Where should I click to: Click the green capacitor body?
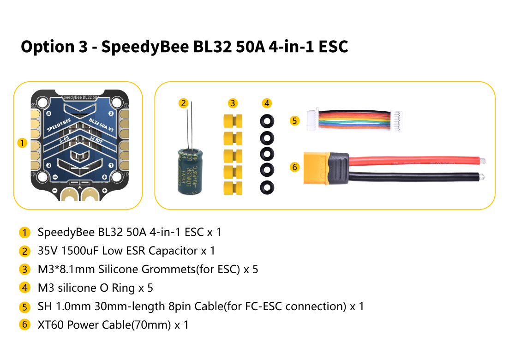coord(190,171)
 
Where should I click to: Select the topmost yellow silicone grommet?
coord(233,121)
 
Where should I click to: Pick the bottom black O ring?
coord(267,187)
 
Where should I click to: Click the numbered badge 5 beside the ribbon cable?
coord(294,121)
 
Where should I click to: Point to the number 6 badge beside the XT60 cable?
coord(294,167)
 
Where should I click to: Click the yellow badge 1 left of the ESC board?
coord(22,143)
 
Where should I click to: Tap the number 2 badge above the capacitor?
coord(183,103)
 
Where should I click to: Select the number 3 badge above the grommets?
coord(233,103)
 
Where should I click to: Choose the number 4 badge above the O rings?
coord(267,103)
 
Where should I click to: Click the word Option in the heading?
coord(48,47)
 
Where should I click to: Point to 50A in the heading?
coord(250,46)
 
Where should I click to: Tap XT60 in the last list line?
coord(51,325)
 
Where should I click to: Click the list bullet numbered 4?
coord(24,288)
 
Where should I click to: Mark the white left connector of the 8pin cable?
coord(312,120)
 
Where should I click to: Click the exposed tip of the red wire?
coord(483,161)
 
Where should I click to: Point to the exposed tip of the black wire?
coord(482,177)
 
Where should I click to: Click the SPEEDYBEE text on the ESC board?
coord(59,125)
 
